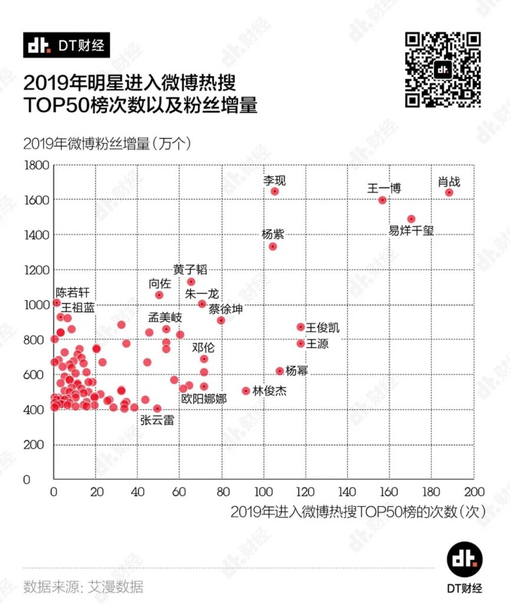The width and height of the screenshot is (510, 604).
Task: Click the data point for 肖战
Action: click(x=449, y=193)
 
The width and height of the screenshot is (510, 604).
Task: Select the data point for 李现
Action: click(x=274, y=191)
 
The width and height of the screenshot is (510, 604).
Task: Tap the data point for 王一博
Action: click(x=382, y=200)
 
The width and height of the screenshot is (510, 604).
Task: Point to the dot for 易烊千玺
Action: click(x=411, y=219)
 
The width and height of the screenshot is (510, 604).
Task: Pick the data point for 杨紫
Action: click(x=273, y=247)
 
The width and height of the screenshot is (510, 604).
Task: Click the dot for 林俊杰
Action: click(x=246, y=390)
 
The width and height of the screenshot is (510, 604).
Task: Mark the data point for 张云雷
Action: click(x=157, y=408)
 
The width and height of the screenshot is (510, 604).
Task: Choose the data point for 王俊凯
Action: click(x=300, y=327)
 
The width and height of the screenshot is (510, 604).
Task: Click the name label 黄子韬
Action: click(x=190, y=270)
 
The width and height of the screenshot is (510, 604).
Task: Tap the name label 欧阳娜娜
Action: click(x=204, y=399)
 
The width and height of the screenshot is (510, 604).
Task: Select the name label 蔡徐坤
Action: click(x=226, y=309)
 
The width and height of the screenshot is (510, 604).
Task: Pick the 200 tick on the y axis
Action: click(x=38, y=445)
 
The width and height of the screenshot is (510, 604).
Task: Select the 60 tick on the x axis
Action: click(x=180, y=493)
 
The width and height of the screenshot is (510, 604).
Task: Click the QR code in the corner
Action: click(x=443, y=70)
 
